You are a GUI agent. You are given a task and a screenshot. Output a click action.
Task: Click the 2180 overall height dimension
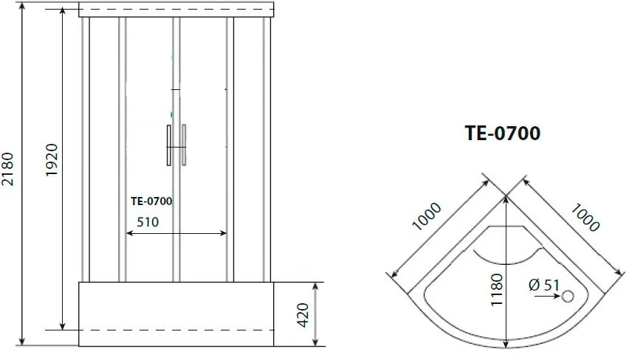[x=7, y=169]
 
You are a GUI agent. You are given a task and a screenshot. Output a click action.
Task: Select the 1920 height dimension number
[x=52, y=159]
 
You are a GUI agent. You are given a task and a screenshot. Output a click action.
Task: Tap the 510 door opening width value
[x=148, y=222]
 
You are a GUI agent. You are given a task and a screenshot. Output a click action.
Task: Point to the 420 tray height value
[x=303, y=315]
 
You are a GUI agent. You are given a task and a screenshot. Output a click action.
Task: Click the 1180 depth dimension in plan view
[x=496, y=289]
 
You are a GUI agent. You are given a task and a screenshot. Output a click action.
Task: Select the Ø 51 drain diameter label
[x=544, y=285]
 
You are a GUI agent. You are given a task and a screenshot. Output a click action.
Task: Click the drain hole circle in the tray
[x=568, y=297]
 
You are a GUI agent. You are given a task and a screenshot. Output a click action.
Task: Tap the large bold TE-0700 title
[x=503, y=133]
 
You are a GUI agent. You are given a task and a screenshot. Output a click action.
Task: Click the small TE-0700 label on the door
[x=151, y=201]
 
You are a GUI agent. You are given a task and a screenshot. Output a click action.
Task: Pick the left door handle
[x=169, y=145]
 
